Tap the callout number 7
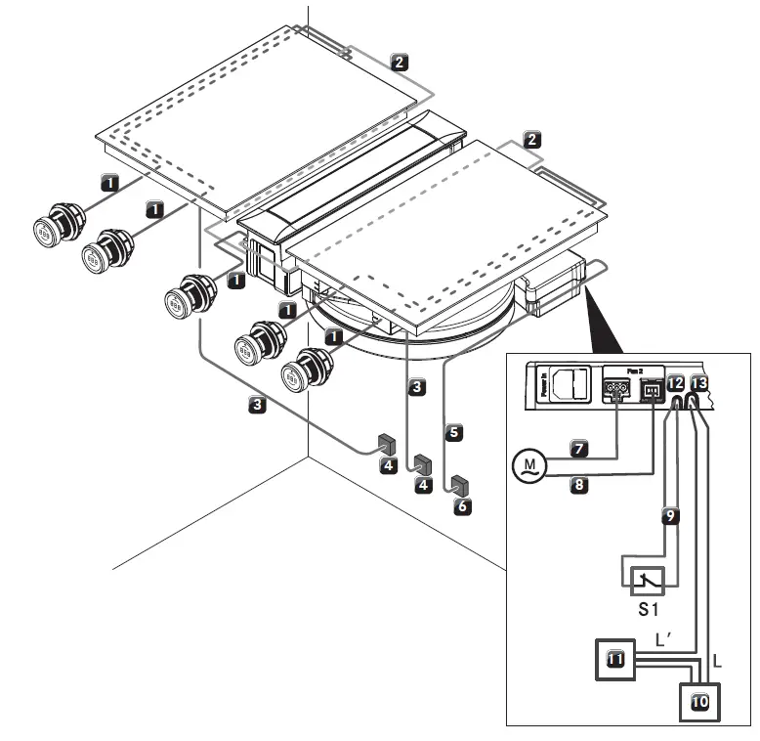click(x=578, y=449)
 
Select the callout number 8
click(x=578, y=484)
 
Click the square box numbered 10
click(x=699, y=700)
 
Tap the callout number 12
click(x=676, y=383)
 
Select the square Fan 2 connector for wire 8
click(x=652, y=391)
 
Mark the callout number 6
click(x=462, y=507)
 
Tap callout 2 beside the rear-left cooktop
click(x=399, y=62)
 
